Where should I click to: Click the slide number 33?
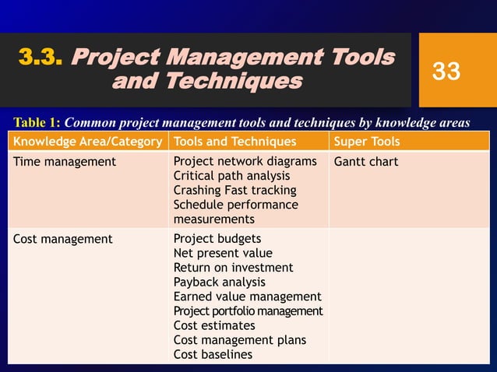pos(446,72)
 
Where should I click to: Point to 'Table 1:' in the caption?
pos(37,122)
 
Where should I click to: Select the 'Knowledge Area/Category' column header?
pos(88,142)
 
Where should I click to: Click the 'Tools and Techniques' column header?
pos(234,142)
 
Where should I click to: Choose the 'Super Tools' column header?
pos(366,142)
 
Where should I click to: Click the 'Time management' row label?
pos(65,162)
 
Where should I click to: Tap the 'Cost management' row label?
pos(63,239)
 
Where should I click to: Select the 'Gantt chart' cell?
pos(365,162)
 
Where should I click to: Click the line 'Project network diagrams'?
pos(245,162)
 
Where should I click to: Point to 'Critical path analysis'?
pos(231,176)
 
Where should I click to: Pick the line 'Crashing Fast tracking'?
pos(234,191)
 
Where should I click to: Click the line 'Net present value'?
pos(223,253)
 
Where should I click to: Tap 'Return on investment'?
pos(233,268)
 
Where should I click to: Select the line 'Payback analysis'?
pos(219,282)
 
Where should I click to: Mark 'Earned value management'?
pos(247,297)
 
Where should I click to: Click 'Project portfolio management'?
pos(248,311)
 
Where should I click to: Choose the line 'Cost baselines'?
pos(213,354)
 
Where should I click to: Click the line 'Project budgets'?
pos(217,239)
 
